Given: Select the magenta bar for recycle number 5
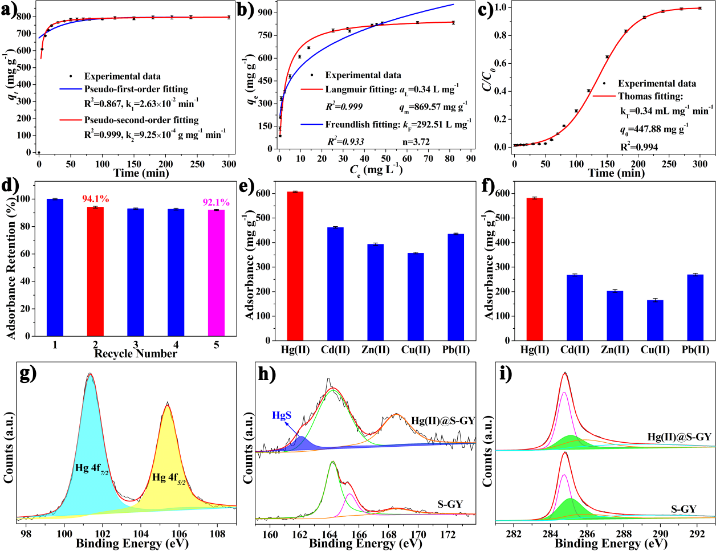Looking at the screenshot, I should (216, 273).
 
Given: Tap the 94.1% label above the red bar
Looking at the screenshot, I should (96, 199).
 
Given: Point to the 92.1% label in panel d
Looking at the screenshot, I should (216, 202).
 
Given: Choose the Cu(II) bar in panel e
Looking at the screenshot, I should (416, 296).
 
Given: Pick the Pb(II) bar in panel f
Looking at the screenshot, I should (695, 307).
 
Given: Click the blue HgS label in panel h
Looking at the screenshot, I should (282, 415).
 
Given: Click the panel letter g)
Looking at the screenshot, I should (28, 373).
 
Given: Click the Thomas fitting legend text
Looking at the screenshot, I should (650, 96).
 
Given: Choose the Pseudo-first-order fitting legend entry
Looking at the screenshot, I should (136, 89).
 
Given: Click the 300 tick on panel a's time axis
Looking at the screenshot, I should (229, 164).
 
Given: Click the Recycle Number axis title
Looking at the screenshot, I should (136, 354).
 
